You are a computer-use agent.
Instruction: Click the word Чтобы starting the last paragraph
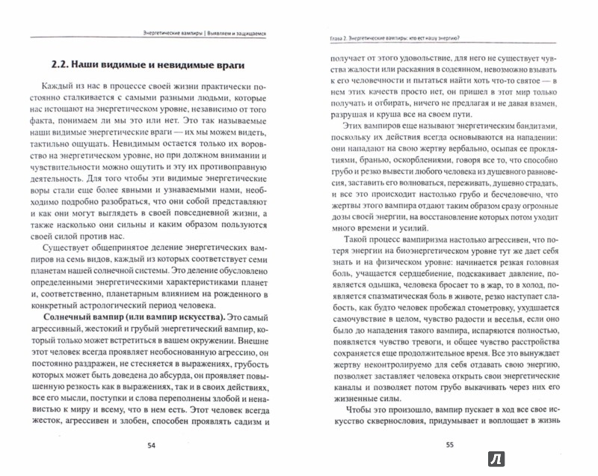point(347,412)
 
